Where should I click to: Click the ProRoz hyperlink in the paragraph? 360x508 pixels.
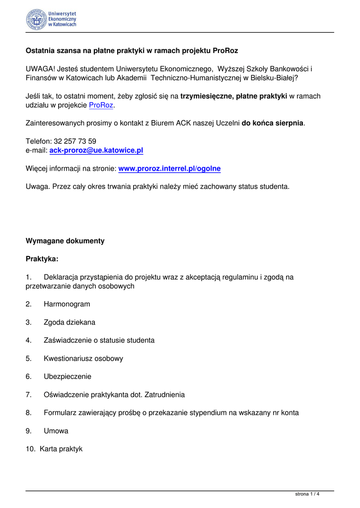[101, 105]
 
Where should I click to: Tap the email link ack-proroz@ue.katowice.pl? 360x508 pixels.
[96, 150]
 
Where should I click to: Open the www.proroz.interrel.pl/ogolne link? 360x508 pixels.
[169, 169]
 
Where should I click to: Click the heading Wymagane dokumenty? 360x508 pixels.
[65, 241]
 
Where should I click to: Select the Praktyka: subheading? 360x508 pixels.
[42, 259]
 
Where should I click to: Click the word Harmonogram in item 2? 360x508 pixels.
[67, 304]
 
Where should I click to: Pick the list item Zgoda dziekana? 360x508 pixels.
[70, 322]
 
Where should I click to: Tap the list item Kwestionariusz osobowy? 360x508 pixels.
[83, 359]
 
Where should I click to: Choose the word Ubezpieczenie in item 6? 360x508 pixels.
[68, 377]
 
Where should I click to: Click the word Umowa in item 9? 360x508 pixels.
[56, 431]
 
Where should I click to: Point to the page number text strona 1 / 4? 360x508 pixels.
[307, 494]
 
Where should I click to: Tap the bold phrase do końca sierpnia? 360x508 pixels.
[272, 123]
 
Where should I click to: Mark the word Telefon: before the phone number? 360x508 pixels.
[38, 141]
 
